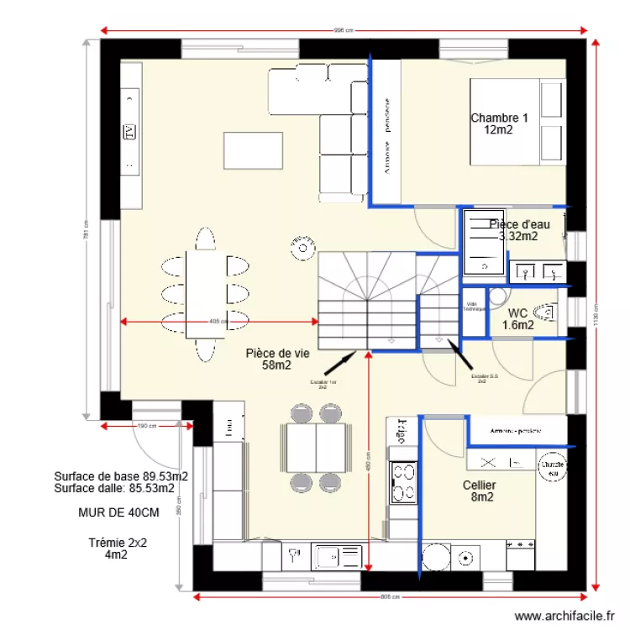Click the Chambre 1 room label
[499, 123]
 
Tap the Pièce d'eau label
[518, 229]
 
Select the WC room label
[517, 318]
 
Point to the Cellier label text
[479, 491]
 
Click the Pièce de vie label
[277, 360]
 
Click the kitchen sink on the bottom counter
[336, 555]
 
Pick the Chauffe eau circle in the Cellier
[551, 469]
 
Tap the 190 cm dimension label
[148, 426]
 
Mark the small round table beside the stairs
[302, 247]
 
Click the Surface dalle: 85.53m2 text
[114, 487]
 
